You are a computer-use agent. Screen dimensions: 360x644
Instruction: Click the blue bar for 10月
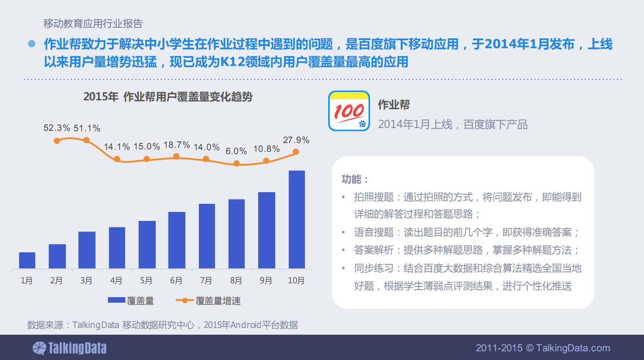pos(297,219)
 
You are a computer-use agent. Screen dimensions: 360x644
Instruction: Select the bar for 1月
pos(27,260)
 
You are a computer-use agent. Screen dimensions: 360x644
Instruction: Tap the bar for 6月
pos(177,240)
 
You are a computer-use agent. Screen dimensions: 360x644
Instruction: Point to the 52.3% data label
pos(57,128)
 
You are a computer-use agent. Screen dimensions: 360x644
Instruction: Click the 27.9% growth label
pos(296,140)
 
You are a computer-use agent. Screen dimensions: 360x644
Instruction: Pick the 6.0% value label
pos(236,151)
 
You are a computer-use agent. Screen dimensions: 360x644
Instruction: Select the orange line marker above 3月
pos(87,140)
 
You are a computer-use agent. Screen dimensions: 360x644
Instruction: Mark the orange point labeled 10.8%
pos(266,161)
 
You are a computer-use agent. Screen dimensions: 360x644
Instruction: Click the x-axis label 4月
pos(116,281)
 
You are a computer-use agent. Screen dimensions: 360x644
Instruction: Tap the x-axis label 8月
pos(236,281)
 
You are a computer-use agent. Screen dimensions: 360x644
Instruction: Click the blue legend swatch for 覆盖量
pos(117,300)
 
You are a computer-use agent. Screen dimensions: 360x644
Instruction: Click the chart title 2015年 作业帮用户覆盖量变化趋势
pos(168,97)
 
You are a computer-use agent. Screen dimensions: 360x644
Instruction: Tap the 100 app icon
pos(349,111)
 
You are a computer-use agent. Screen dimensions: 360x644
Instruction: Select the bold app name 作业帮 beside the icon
pos(394,105)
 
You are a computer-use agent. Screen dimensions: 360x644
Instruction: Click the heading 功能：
pos(355,179)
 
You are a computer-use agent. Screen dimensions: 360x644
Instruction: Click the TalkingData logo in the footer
pos(70,348)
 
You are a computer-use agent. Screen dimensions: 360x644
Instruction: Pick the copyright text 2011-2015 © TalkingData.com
pos(543,348)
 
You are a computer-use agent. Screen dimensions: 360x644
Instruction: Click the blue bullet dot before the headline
pos(32,44)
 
